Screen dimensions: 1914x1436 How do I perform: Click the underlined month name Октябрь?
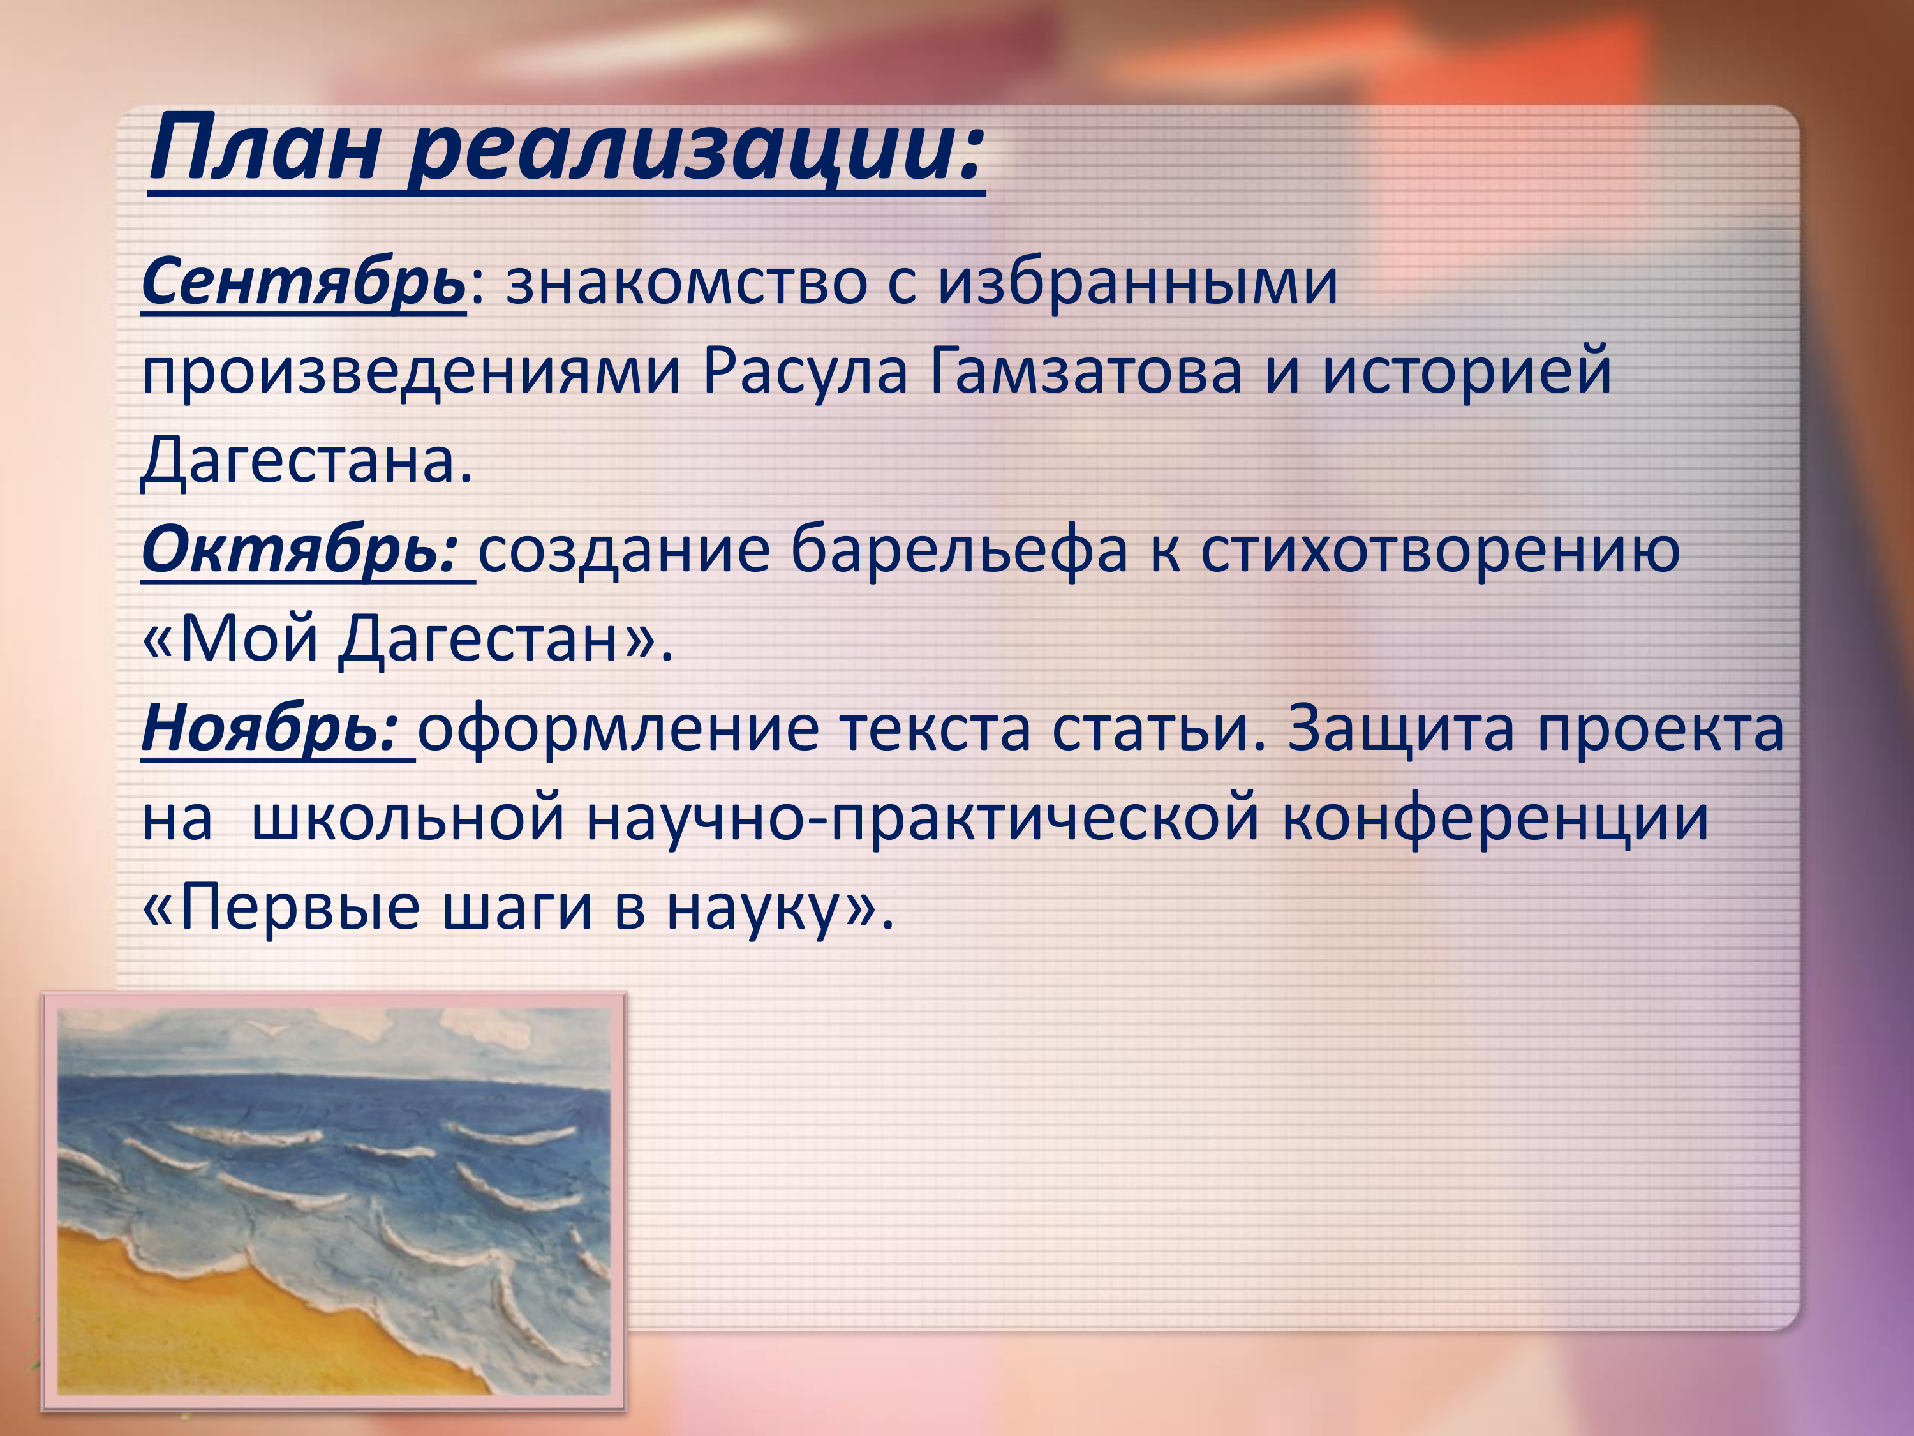299,551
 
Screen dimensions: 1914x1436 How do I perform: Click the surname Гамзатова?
1086,372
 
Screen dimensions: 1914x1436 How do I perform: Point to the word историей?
1467,372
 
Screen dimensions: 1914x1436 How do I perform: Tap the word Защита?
1400,729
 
